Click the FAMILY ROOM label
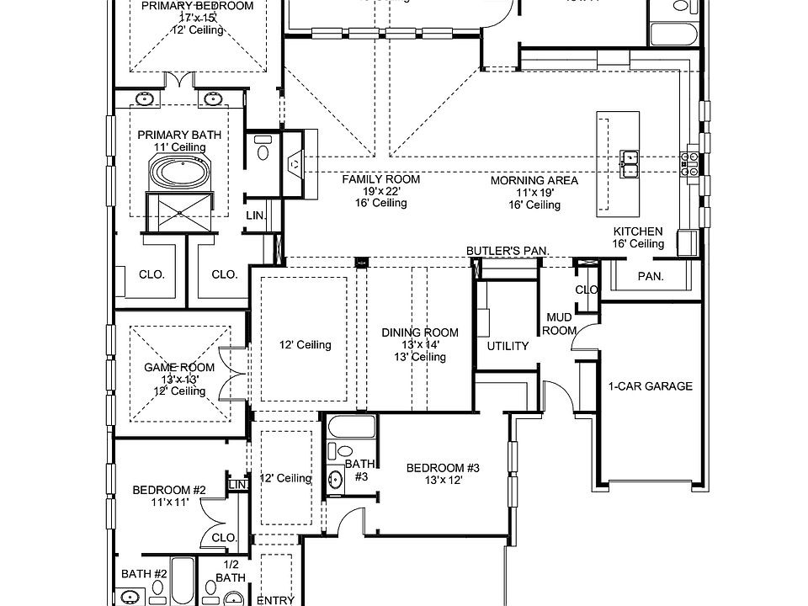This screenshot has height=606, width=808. (380, 179)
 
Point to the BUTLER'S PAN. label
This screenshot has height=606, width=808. (508, 251)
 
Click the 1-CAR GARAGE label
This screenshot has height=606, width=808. (650, 386)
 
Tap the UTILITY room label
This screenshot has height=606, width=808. (508, 346)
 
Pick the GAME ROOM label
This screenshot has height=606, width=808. (178, 368)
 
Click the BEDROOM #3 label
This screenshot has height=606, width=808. (443, 469)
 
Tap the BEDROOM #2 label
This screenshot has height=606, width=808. (169, 490)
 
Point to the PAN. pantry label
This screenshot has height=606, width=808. (651, 276)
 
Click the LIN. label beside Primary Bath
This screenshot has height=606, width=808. (256, 216)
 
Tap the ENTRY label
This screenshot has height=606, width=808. (274, 600)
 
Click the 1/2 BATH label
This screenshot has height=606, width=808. (231, 571)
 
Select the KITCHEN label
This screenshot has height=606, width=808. (637, 231)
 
